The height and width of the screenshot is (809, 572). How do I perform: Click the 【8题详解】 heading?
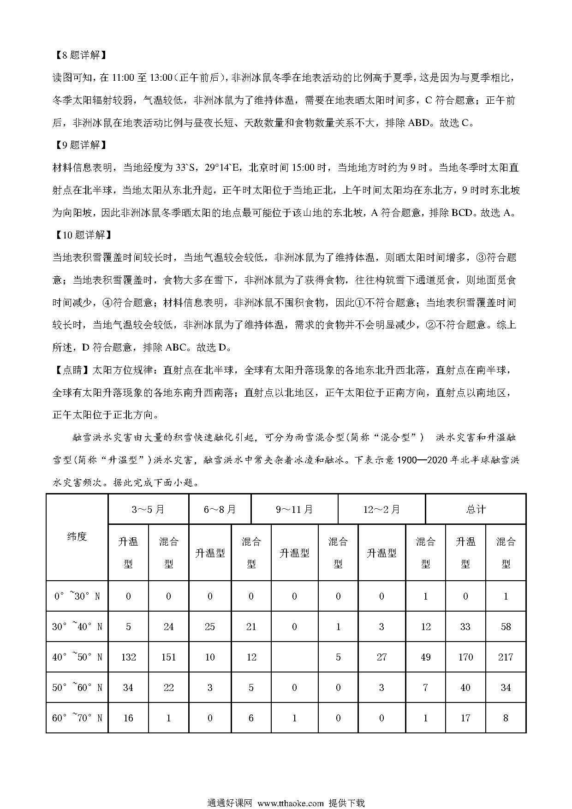click(79, 55)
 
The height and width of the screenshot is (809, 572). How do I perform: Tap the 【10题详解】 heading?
click(82, 235)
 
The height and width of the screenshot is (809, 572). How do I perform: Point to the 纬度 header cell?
click(77, 537)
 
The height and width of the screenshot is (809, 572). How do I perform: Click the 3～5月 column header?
click(148, 509)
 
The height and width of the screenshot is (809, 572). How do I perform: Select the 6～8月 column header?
click(220, 509)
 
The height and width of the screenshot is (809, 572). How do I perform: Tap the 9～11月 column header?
click(294, 509)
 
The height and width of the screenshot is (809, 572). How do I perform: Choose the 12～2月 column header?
click(381, 509)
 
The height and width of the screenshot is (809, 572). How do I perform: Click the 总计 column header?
click(476, 509)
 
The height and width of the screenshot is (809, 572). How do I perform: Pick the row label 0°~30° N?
click(77, 596)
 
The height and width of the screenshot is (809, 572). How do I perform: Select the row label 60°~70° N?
click(77, 718)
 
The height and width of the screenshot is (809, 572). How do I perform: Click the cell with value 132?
click(128, 657)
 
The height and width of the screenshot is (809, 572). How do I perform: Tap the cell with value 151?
click(168, 657)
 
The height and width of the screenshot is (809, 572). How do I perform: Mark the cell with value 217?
click(506, 657)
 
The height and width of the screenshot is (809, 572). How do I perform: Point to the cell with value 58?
click(506, 626)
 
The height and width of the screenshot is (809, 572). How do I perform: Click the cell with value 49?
click(425, 657)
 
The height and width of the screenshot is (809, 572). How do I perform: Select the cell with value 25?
click(210, 626)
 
